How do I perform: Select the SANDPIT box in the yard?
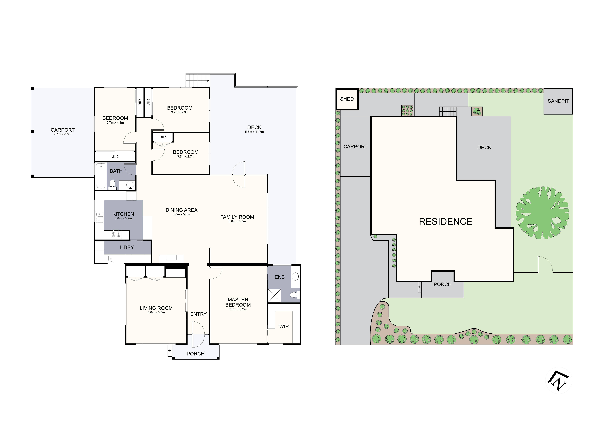pyautogui.click(x=558, y=101)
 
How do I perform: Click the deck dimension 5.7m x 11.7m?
pyautogui.click(x=254, y=132)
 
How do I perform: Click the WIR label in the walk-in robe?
pyautogui.click(x=284, y=326)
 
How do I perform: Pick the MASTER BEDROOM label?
pyautogui.click(x=238, y=302)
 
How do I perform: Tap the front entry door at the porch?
pyautogui.click(x=198, y=334)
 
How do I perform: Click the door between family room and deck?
pyautogui.click(x=239, y=175)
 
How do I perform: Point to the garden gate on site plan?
pyautogui.click(x=545, y=265)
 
